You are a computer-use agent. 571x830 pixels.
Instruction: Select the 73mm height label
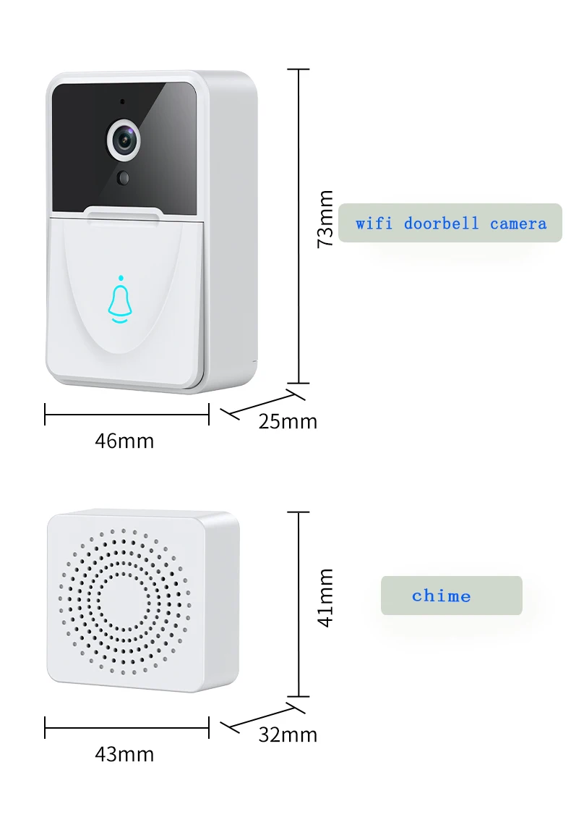click(x=326, y=219)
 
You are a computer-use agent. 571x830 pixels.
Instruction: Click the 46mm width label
click(x=124, y=441)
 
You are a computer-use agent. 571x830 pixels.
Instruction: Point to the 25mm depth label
click(x=288, y=421)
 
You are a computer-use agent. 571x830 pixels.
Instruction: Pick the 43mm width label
click(x=124, y=754)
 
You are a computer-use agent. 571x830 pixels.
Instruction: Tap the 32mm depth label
click(x=288, y=734)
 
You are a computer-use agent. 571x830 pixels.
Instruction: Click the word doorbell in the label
click(x=441, y=224)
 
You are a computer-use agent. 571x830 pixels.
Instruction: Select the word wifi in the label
click(x=374, y=224)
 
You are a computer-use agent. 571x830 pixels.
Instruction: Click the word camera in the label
click(x=518, y=224)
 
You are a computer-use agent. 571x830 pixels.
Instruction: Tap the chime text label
click(x=441, y=596)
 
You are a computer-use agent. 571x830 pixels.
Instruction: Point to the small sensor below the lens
click(x=124, y=177)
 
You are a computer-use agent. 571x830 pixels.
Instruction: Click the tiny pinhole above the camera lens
click(x=122, y=101)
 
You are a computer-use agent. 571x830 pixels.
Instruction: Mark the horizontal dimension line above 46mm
click(x=126, y=415)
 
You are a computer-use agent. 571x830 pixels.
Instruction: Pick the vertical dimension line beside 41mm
click(x=299, y=604)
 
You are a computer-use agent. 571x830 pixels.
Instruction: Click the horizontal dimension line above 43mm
click(x=126, y=728)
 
